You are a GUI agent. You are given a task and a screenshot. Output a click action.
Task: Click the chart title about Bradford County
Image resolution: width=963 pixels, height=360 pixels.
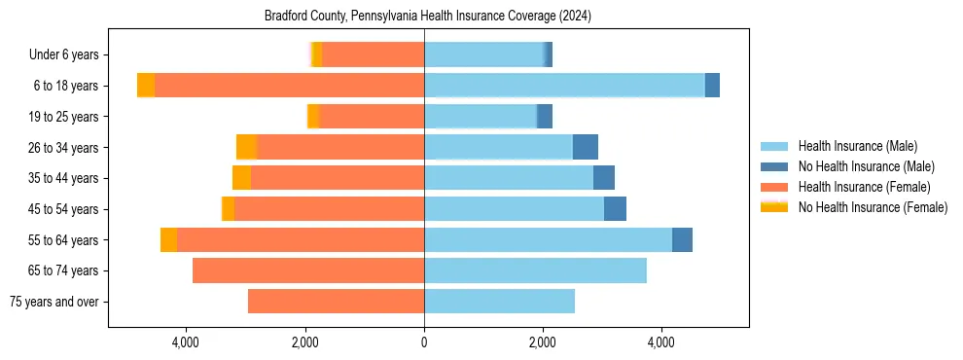pos(428,17)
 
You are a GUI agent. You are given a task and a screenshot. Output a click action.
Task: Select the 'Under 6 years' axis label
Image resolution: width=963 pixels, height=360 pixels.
pos(70,54)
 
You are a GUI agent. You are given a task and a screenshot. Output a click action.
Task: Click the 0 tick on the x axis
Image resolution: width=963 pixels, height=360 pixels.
pos(424,342)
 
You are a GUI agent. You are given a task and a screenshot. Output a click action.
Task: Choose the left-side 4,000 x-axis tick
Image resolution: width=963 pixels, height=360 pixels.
pos(186,342)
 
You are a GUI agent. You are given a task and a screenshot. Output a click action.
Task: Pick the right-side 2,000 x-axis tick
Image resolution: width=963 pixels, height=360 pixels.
pos(543,342)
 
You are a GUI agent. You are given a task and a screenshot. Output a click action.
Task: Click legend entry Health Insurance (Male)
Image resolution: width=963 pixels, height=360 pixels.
pos(857,146)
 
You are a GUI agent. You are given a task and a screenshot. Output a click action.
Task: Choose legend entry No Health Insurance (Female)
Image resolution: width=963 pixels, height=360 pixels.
pos(873,207)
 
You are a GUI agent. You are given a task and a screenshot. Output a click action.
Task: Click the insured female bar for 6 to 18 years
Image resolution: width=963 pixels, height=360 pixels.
pos(289,86)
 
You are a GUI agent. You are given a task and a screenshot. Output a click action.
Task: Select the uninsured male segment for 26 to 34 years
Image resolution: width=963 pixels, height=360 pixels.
pos(586,147)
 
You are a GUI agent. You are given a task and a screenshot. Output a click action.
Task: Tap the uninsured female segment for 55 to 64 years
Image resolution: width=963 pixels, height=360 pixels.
pos(169,239)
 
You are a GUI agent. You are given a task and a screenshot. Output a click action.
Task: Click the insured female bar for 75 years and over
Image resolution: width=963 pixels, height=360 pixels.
pos(336,302)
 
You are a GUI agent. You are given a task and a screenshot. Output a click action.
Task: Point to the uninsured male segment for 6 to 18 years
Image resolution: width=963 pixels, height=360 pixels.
pos(712,86)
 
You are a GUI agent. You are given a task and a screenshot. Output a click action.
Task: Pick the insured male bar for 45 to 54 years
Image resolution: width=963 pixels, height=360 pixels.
pos(514,209)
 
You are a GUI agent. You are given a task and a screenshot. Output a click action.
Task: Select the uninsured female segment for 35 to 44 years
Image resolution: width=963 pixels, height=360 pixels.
pos(241,178)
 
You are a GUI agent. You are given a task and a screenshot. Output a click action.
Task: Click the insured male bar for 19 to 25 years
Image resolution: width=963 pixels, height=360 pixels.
pos(481,117)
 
